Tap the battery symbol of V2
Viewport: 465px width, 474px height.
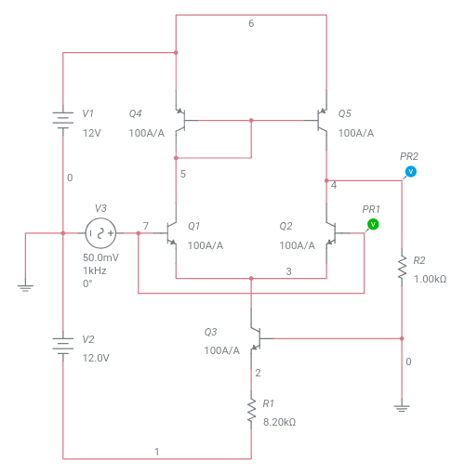62,345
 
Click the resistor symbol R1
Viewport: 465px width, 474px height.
251,411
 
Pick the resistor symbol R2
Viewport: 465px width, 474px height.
402,269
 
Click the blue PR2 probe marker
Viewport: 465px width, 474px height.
410,172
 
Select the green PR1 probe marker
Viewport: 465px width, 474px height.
372,224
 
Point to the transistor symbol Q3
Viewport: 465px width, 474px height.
255,339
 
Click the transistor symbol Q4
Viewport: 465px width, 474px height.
180,120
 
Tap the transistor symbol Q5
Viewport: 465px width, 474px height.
323,120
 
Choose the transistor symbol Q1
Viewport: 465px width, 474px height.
171,232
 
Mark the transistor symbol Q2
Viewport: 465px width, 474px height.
331,232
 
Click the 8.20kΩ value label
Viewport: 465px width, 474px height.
278,422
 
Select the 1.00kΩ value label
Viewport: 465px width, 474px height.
429,279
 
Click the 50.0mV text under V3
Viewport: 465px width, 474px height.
100,257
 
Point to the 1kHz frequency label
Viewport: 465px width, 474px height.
95,270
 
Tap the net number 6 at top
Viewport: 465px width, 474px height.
251,23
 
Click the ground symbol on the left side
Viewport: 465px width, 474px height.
27,288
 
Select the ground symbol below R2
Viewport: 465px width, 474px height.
402,405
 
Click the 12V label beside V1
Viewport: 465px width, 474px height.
90,133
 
